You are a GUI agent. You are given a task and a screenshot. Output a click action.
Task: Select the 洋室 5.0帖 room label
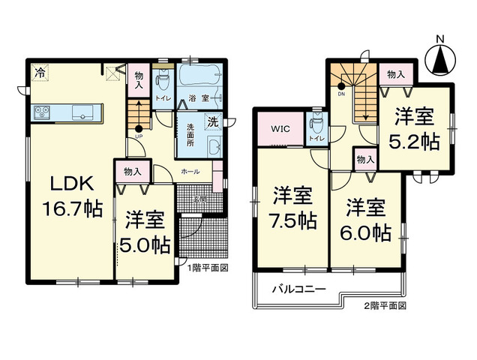[x=145, y=232]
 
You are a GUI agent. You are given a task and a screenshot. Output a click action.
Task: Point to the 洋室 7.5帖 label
[x=293, y=209]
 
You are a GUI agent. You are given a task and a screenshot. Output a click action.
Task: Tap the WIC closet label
[x=280, y=129]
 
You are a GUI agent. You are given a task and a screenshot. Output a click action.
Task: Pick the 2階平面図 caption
[x=384, y=306]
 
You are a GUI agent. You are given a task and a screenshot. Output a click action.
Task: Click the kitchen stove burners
[x=40, y=113]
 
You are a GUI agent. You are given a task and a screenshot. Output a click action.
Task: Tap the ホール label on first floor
[x=190, y=172]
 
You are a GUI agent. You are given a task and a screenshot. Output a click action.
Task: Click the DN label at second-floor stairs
[x=340, y=94]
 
